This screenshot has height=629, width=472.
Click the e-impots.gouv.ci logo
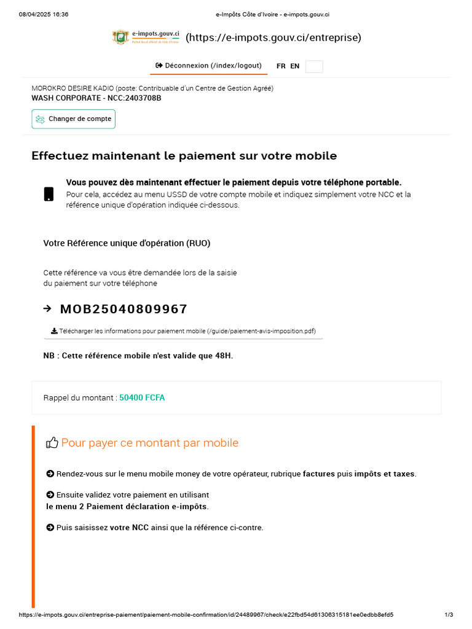tap(146, 37)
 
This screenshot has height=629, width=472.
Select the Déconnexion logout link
tap(209, 66)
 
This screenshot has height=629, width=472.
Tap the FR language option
tap(281, 66)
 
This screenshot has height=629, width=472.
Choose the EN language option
tap(295, 66)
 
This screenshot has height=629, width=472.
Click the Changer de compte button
tap(74, 119)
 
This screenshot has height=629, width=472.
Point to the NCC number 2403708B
tap(142, 98)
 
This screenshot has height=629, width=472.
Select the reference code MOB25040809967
tap(124, 309)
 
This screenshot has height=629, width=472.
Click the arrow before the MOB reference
tap(48, 308)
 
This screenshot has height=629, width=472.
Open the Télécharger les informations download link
tap(183, 331)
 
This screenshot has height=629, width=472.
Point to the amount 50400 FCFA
tap(142, 397)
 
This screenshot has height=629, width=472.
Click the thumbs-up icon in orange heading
tap(52, 443)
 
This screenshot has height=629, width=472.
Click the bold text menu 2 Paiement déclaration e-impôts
tap(127, 507)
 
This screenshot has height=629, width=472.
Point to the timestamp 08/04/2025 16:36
tap(44, 14)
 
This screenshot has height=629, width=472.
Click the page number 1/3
tap(449, 615)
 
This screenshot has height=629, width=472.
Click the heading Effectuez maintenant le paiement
tap(184, 156)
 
